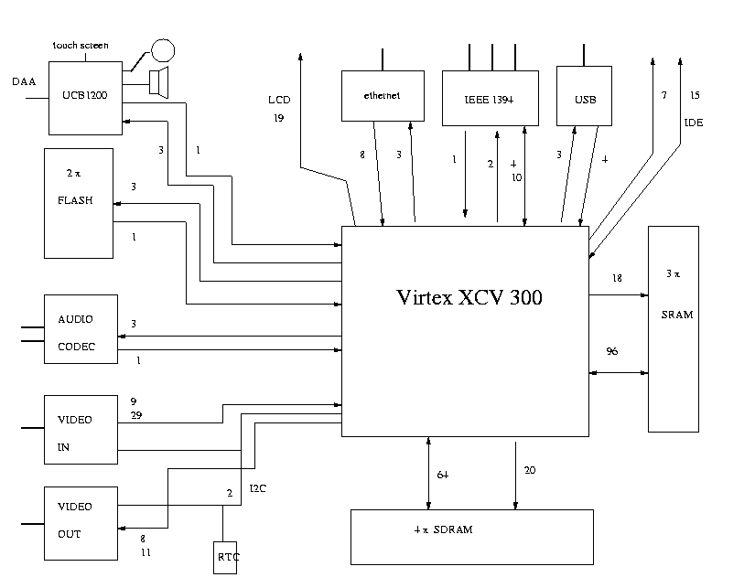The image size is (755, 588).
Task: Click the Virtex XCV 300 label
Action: pos(469,297)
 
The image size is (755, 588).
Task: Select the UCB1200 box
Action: pos(85,94)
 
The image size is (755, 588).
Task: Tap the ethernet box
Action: pos(382,95)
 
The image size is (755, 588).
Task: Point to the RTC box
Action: pos(225,555)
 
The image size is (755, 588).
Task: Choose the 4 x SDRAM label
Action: pos(443,530)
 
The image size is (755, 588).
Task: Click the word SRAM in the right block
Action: pos(677,315)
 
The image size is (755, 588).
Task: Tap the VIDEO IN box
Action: pos(81,433)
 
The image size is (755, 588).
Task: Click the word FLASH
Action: pos(81,202)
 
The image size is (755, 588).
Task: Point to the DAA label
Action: pos(24,82)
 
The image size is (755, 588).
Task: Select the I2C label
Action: pos(258,488)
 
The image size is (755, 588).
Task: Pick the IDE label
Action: pos(694,122)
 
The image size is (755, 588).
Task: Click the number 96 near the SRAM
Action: pos(611,351)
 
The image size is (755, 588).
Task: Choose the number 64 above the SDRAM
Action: pos(442,475)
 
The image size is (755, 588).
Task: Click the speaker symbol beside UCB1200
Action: pos(158,82)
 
